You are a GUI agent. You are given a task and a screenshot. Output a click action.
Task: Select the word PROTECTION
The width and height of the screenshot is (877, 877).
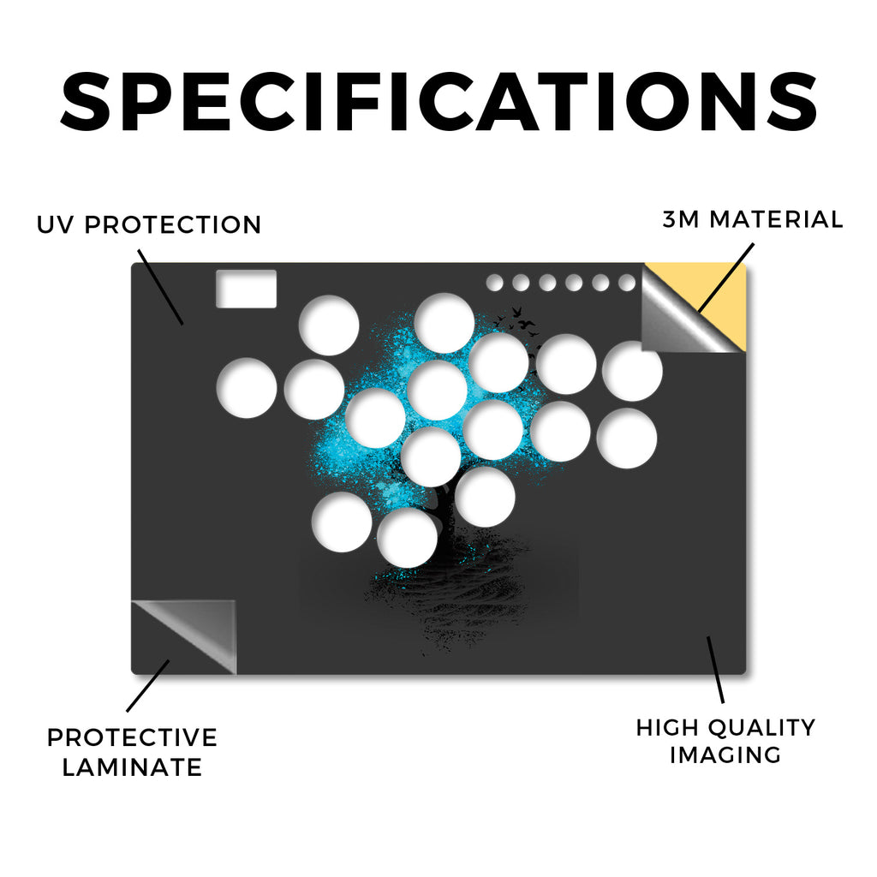point(173,225)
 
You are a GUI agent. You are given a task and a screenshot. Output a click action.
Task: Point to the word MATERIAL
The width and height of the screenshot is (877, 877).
point(776,219)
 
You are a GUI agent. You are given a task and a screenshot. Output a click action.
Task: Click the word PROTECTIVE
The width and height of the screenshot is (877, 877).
point(132,737)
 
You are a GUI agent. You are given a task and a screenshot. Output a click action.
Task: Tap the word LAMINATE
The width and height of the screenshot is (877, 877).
point(132,767)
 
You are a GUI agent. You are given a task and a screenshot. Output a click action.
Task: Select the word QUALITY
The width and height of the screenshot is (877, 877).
point(762,728)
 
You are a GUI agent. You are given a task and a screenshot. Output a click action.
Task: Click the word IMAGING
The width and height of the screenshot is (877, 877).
point(725,755)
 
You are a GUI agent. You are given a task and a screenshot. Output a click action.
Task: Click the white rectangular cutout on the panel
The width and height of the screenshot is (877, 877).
point(246,289)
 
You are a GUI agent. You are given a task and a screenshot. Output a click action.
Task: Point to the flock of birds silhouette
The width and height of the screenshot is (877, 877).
point(517,323)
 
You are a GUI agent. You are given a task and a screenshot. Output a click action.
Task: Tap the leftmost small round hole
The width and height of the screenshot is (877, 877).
point(494,283)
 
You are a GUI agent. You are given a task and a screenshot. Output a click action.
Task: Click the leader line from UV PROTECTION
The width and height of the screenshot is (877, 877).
point(160,288)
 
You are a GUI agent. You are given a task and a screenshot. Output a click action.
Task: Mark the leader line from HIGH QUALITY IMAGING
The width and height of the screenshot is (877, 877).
point(715,670)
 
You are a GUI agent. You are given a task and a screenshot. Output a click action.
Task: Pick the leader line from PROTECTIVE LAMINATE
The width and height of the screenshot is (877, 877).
point(147,686)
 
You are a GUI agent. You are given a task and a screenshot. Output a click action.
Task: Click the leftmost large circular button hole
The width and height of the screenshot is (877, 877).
point(247,388)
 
